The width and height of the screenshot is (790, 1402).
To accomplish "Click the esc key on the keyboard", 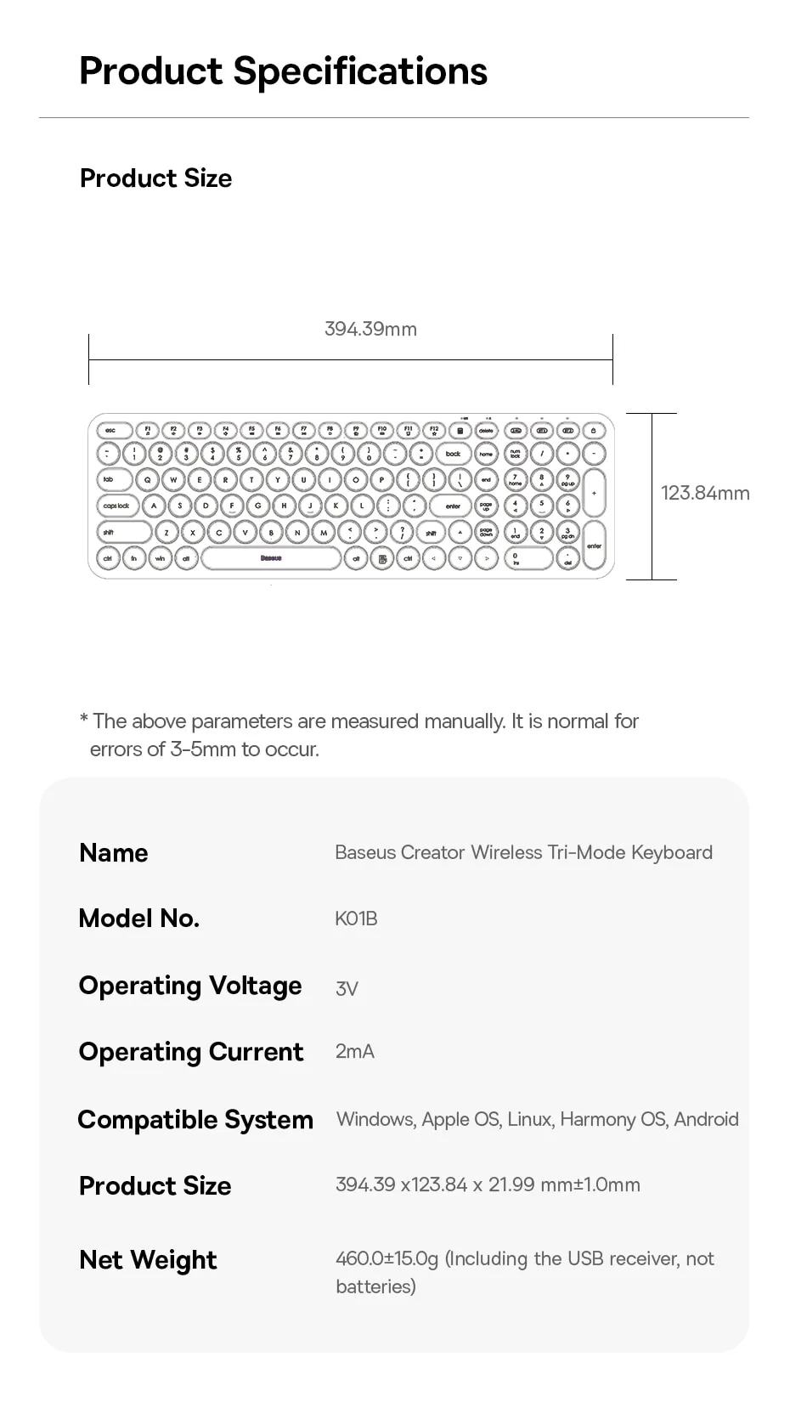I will point(110,431).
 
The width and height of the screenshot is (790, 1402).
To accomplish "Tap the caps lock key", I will point(116,506).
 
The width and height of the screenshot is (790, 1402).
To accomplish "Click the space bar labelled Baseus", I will point(271,558).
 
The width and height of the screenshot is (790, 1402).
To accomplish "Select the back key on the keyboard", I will point(453,454).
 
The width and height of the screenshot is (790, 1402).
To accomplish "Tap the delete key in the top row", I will point(486,431).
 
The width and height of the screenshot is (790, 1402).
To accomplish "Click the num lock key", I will point(515,454).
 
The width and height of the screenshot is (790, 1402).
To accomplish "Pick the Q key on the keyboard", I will point(147,480).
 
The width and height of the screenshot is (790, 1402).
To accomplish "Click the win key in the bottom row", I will point(160,558).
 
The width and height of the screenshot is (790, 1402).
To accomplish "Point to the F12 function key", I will point(434,431).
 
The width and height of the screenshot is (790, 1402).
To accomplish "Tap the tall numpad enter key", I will point(594,546).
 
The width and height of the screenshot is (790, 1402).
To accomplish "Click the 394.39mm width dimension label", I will point(370,330).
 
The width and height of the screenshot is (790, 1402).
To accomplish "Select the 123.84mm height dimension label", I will point(705,494).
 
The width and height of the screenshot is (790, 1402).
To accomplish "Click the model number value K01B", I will point(356,919).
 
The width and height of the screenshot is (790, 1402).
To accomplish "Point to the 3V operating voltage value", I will point(347,988).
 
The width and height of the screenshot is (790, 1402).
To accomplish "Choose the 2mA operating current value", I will point(354,1052).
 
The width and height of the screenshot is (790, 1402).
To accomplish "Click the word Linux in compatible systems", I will point(528,1119).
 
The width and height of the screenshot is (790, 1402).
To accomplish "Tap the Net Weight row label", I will point(148,1260).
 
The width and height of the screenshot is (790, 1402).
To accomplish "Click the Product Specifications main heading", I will point(283,71).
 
